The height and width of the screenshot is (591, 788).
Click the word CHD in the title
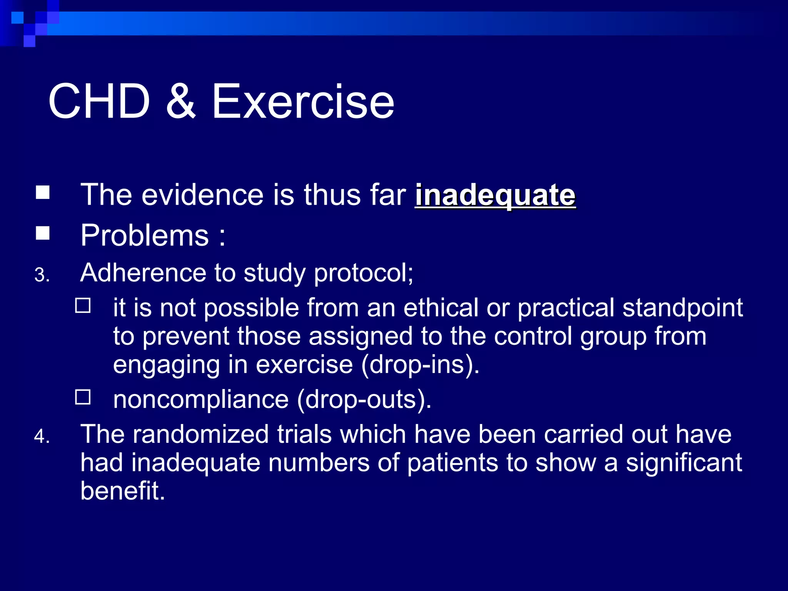(x=99, y=102)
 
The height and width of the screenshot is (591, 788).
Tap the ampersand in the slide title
(x=181, y=102)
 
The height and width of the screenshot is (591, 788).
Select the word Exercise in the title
(x=303, y=102)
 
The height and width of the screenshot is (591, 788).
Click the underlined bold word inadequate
(x=495, y=195)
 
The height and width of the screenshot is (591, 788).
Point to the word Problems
(x=145, y=235)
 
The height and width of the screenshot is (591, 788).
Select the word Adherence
(x=143, y=273)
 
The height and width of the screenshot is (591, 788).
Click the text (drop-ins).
(x=420, y=364)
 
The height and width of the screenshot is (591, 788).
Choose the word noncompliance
(x=201, y=399)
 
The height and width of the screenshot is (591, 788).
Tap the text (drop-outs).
(x=364, y=399)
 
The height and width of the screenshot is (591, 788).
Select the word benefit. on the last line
(x=123, y=491)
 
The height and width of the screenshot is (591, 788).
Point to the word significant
(x=684, y=463)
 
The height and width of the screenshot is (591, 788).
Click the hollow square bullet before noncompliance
(x=83, y=397)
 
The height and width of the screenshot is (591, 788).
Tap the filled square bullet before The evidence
(x=43, y=192)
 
